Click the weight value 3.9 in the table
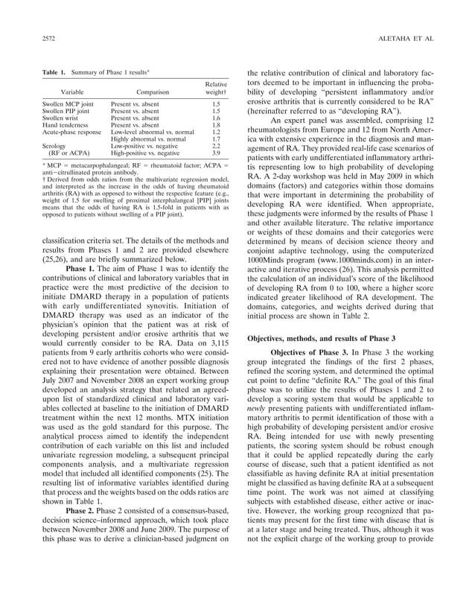(217, 153)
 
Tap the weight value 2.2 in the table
(217, 146)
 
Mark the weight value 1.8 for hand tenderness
(217, 125)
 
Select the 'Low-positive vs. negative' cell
(147, 146)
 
